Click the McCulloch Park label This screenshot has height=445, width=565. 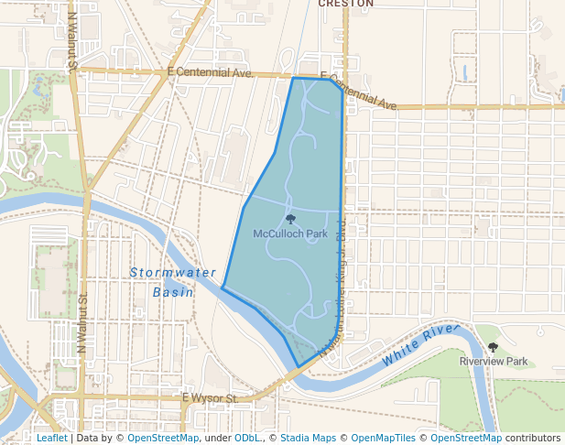coord(290,233)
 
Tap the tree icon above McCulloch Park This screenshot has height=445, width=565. coord(290,220)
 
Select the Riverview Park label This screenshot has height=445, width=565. coord(494,362)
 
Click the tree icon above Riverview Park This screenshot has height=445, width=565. coord(494,348)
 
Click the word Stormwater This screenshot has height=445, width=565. coord(173,273)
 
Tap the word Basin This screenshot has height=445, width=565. coord(173,292)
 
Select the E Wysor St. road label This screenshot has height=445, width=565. coord(210,398)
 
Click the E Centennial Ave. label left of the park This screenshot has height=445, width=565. coord(210,71)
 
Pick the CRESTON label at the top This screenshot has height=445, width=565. coord(346,4)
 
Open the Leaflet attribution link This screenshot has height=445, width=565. coord(51,438)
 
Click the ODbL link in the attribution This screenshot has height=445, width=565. coord(247,438)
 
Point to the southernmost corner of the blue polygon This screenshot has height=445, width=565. coord(298,367)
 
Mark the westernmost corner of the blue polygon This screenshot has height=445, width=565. coord(223,288)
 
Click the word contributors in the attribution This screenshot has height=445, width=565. coord(533,438)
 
